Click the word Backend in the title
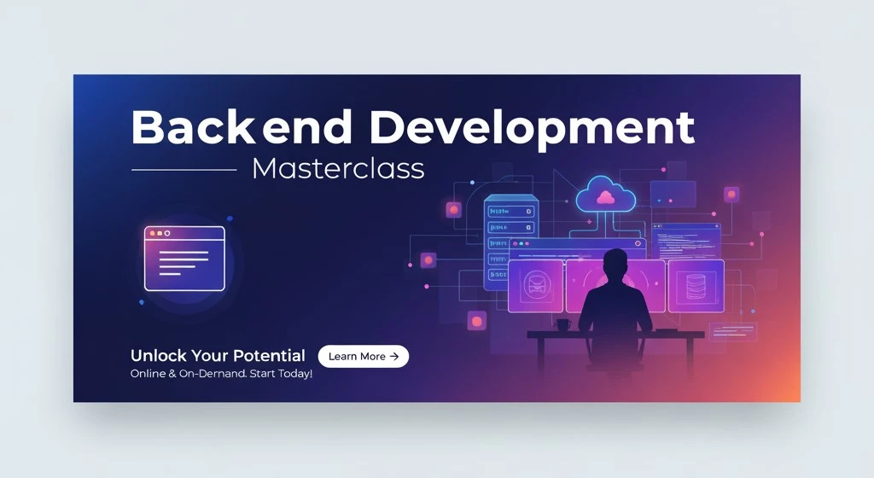click(x=242, y=127)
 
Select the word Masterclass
click(x=338, y=168)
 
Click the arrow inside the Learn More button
click(x=394, y=357)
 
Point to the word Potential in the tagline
click(x=269, y=355)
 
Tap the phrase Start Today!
click(x=281, y=374)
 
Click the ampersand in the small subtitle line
click(x=171, y=374)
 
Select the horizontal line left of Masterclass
click(x=184, y=170)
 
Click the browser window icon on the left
click(x=184, y=259)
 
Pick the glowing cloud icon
click(x=605, y=195)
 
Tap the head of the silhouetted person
click(x=615, y=262)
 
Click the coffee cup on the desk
click(x=562, y=324)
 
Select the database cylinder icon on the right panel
click(x=696, y=286)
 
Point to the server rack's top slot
click(x=510, y=212)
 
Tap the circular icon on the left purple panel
click(x=536, y=285)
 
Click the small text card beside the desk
click(x=732, y=332)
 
